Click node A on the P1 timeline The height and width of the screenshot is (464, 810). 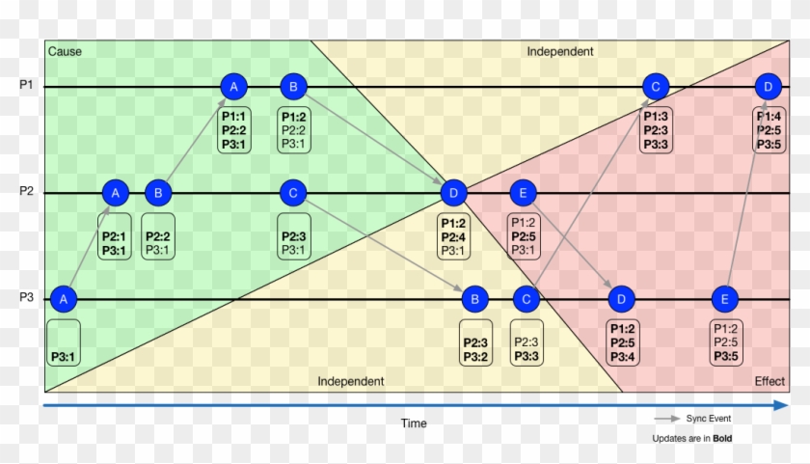point(233,87)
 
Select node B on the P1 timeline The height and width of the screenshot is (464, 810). point(292,87)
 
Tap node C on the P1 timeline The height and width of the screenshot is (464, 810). point(655,87)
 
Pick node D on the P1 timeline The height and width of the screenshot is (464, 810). point(767,87)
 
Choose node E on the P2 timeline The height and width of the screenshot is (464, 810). point(522,193)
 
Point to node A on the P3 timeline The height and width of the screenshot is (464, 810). point(63,299)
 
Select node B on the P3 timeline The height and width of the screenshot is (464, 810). point(474,299)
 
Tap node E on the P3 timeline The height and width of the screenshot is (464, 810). point(724,299)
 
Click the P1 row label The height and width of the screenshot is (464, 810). point(26,86)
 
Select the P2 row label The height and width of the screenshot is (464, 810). point(26,192)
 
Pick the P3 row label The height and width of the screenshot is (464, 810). point(26,298)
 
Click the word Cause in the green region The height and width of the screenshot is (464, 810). point(65,51)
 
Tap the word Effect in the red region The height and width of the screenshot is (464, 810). point(769,381)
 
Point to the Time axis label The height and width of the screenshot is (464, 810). point(414,423)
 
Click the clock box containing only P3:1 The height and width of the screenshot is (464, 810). point(63,342)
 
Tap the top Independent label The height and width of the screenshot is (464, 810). point(560,51)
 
